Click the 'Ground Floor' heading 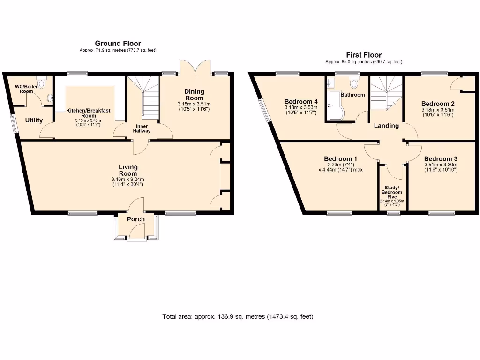click(118, 44)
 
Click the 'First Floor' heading click(364, 55)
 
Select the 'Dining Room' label click(194, 95)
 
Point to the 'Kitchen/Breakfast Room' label click(88, 113)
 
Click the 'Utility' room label click(34, 120)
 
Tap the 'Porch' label click(136, 219)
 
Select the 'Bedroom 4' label click(301, 102)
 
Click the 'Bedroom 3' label click(441, 159)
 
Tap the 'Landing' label click(386, 126)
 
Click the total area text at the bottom click(238, 316)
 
